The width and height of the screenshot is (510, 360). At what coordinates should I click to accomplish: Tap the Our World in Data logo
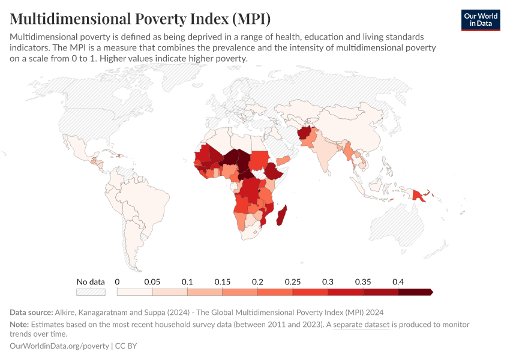point(480,20)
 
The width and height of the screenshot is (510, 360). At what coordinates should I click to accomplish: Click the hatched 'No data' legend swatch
point(91,292)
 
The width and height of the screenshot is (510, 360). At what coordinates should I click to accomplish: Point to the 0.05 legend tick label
point(152,281)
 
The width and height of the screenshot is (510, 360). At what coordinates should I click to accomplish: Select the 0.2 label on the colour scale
point(258,281)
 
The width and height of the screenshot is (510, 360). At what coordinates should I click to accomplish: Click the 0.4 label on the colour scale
point(398,281)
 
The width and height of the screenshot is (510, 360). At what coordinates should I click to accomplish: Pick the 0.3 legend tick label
point(328,281)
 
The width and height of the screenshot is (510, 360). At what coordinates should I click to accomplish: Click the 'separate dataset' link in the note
point(361,325)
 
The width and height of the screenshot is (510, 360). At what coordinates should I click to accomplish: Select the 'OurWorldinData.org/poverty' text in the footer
point(59,346)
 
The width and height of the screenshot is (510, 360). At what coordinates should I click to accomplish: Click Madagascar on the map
point(281,215)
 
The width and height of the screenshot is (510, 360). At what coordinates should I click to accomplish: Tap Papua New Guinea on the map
point(425,195)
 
